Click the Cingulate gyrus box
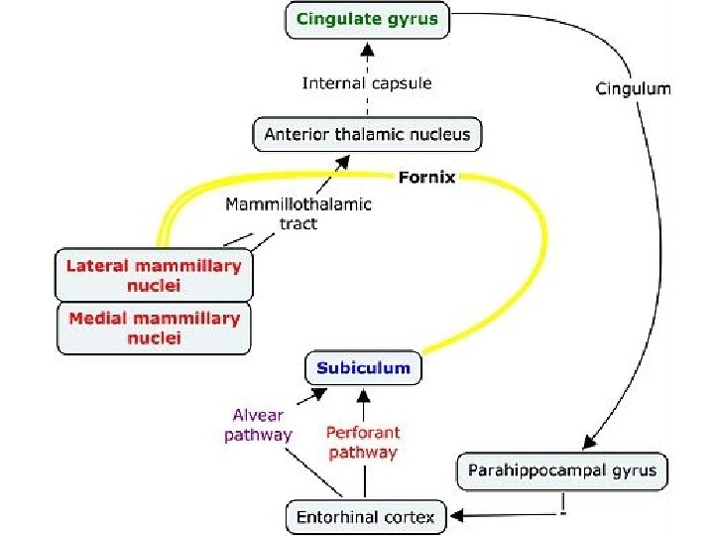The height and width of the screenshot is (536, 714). click(367, 20)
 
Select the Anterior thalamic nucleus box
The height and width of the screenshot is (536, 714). click(367, 134)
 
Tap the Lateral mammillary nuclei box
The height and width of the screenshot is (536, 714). click(154, 275)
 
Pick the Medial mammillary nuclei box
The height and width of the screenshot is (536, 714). click(154, 329)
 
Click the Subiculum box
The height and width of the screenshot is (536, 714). click(363, 368)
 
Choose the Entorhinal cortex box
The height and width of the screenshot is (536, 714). click(366, 517)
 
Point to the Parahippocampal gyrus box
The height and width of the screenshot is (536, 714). click(562, 471)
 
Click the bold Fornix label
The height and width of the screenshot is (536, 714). click(426, 178)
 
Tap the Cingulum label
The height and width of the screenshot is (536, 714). click(634, 88)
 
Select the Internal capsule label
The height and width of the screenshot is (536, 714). click(367, 83)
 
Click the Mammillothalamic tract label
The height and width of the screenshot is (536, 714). click(298, 213)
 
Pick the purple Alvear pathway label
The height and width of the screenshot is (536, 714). click(258, 425)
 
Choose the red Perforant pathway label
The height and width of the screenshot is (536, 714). click(363, 442)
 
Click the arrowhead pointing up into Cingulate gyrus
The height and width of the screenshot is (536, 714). click(367, 49)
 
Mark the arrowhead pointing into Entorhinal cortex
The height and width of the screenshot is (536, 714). click(457, 515)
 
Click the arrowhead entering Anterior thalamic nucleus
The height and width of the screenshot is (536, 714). click(343, 162)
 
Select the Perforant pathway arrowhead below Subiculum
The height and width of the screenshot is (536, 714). click(363, 395)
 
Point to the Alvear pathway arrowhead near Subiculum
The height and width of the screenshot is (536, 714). click(319, 394)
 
